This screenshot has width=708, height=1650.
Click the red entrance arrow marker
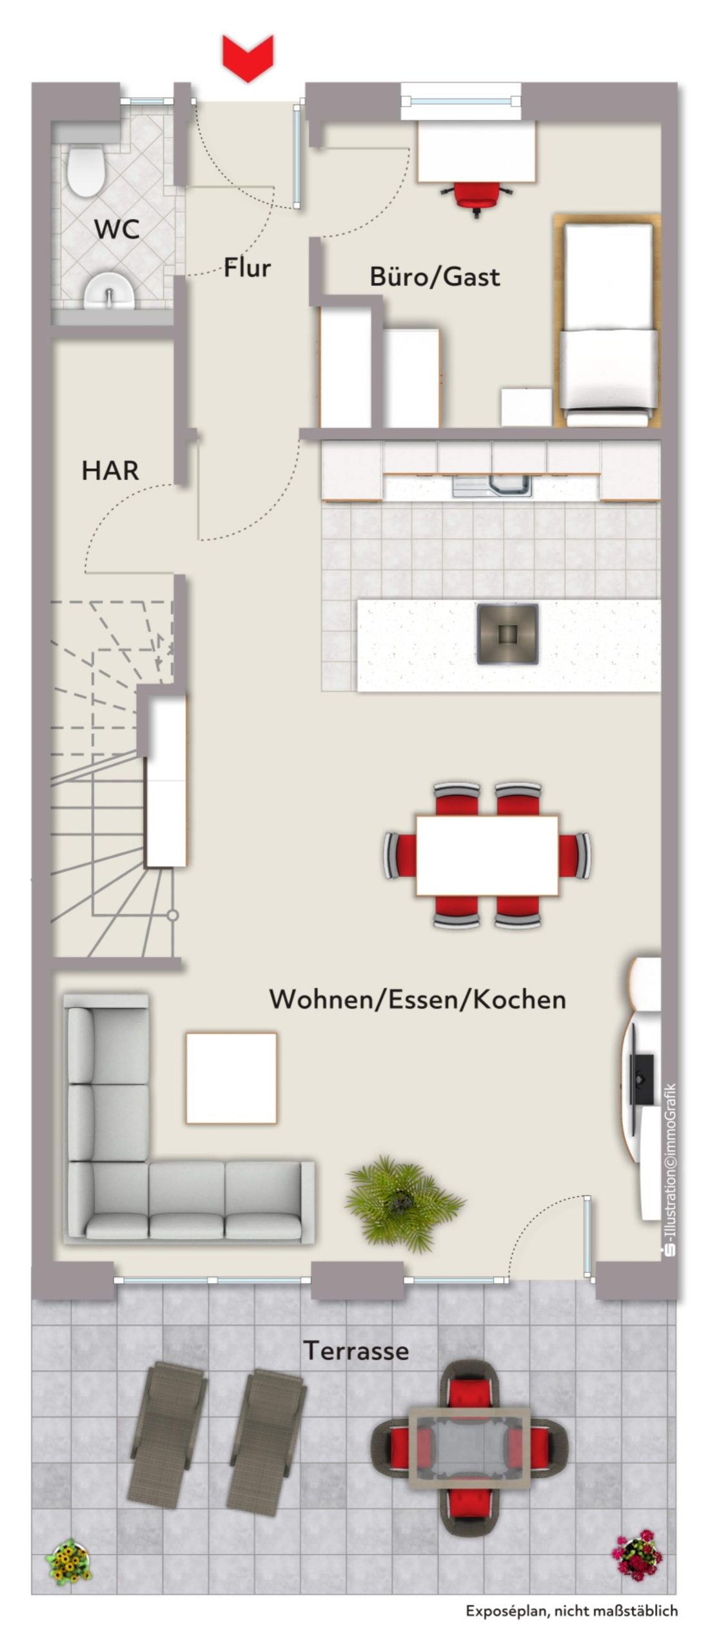248,59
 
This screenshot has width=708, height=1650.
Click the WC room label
117,229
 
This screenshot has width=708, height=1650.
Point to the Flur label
247,267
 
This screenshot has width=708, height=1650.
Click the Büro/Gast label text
435,277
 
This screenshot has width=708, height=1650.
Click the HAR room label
110,471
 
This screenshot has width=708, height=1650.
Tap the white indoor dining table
487,855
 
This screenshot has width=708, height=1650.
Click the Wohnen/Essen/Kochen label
418,999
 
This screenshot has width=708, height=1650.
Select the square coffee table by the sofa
231,1078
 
